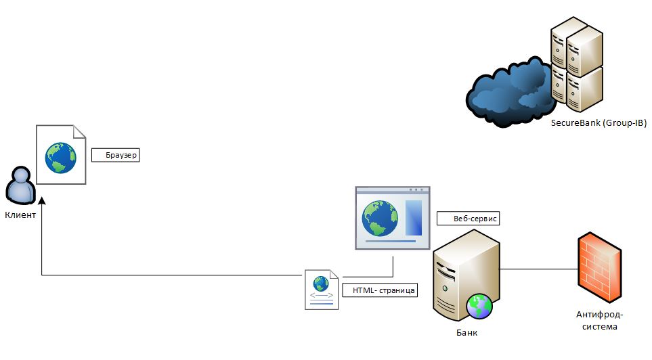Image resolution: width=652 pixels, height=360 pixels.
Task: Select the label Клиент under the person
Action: [21, 215]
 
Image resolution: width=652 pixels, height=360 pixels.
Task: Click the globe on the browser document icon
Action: [61, 157]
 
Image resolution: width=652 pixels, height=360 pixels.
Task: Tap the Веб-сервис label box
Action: [468, 219]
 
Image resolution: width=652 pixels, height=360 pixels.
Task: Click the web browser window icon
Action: [392, 217]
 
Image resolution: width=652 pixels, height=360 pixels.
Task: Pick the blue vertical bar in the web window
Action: [413, 218]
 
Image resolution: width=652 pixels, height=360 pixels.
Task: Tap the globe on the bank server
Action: [479, 306]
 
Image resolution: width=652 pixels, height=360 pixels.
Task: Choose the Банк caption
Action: [468, 333]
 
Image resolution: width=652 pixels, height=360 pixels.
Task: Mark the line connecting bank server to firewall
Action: [538, 269]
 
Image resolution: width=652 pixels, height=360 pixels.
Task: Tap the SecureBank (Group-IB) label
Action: [598, 122]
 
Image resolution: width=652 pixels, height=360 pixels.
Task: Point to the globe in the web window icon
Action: [379, 217]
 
